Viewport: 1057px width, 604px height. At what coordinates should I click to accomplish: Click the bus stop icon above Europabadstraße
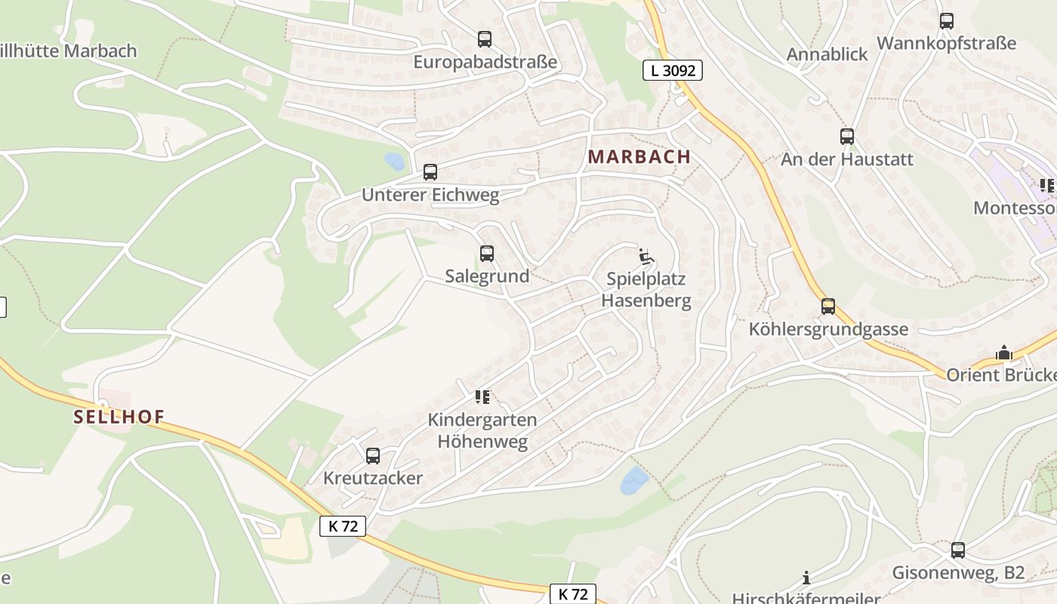(x=485, y=39)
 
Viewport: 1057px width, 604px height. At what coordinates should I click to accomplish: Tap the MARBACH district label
(x=639, y=157)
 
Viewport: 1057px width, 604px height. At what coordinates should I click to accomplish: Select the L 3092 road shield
(x=673, y=71)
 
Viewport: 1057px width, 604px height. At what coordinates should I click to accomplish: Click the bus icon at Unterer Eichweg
(x=430, y=171)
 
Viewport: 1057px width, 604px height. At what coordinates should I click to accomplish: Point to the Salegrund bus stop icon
(x=487, y=254)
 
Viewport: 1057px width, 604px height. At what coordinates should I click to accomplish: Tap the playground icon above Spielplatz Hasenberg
(x=646, y=257)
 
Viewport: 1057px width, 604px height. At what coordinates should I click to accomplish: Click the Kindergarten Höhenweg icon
(x=482, y=397)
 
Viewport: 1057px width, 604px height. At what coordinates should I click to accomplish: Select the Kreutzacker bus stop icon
(x=373, y=455)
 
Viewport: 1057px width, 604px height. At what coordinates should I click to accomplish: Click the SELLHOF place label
(x=119, y=417)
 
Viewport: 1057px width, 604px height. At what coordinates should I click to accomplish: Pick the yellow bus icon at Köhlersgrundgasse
(x=828, y=306)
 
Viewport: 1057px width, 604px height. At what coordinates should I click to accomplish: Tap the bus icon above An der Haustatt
(x=847, y=137)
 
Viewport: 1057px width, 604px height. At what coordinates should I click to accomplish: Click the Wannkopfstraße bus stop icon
(x=947, y=20)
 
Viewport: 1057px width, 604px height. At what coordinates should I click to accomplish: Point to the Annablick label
(x=827, y=54)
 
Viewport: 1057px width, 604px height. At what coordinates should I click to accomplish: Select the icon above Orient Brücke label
(x=1003, y=353)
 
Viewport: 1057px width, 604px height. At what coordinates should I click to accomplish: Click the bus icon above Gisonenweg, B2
(x=958, y=550)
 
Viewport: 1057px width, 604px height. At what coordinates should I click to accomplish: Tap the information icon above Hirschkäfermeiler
(x=806, y=578)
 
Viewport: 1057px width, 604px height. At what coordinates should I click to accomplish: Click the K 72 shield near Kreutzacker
(x=343, y=526)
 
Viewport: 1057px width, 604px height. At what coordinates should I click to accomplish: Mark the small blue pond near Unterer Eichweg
(x=394, y=161)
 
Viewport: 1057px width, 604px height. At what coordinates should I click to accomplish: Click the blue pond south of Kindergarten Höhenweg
(x=634, y=480)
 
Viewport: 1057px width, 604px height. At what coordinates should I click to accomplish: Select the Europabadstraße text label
(x=485, y=62)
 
